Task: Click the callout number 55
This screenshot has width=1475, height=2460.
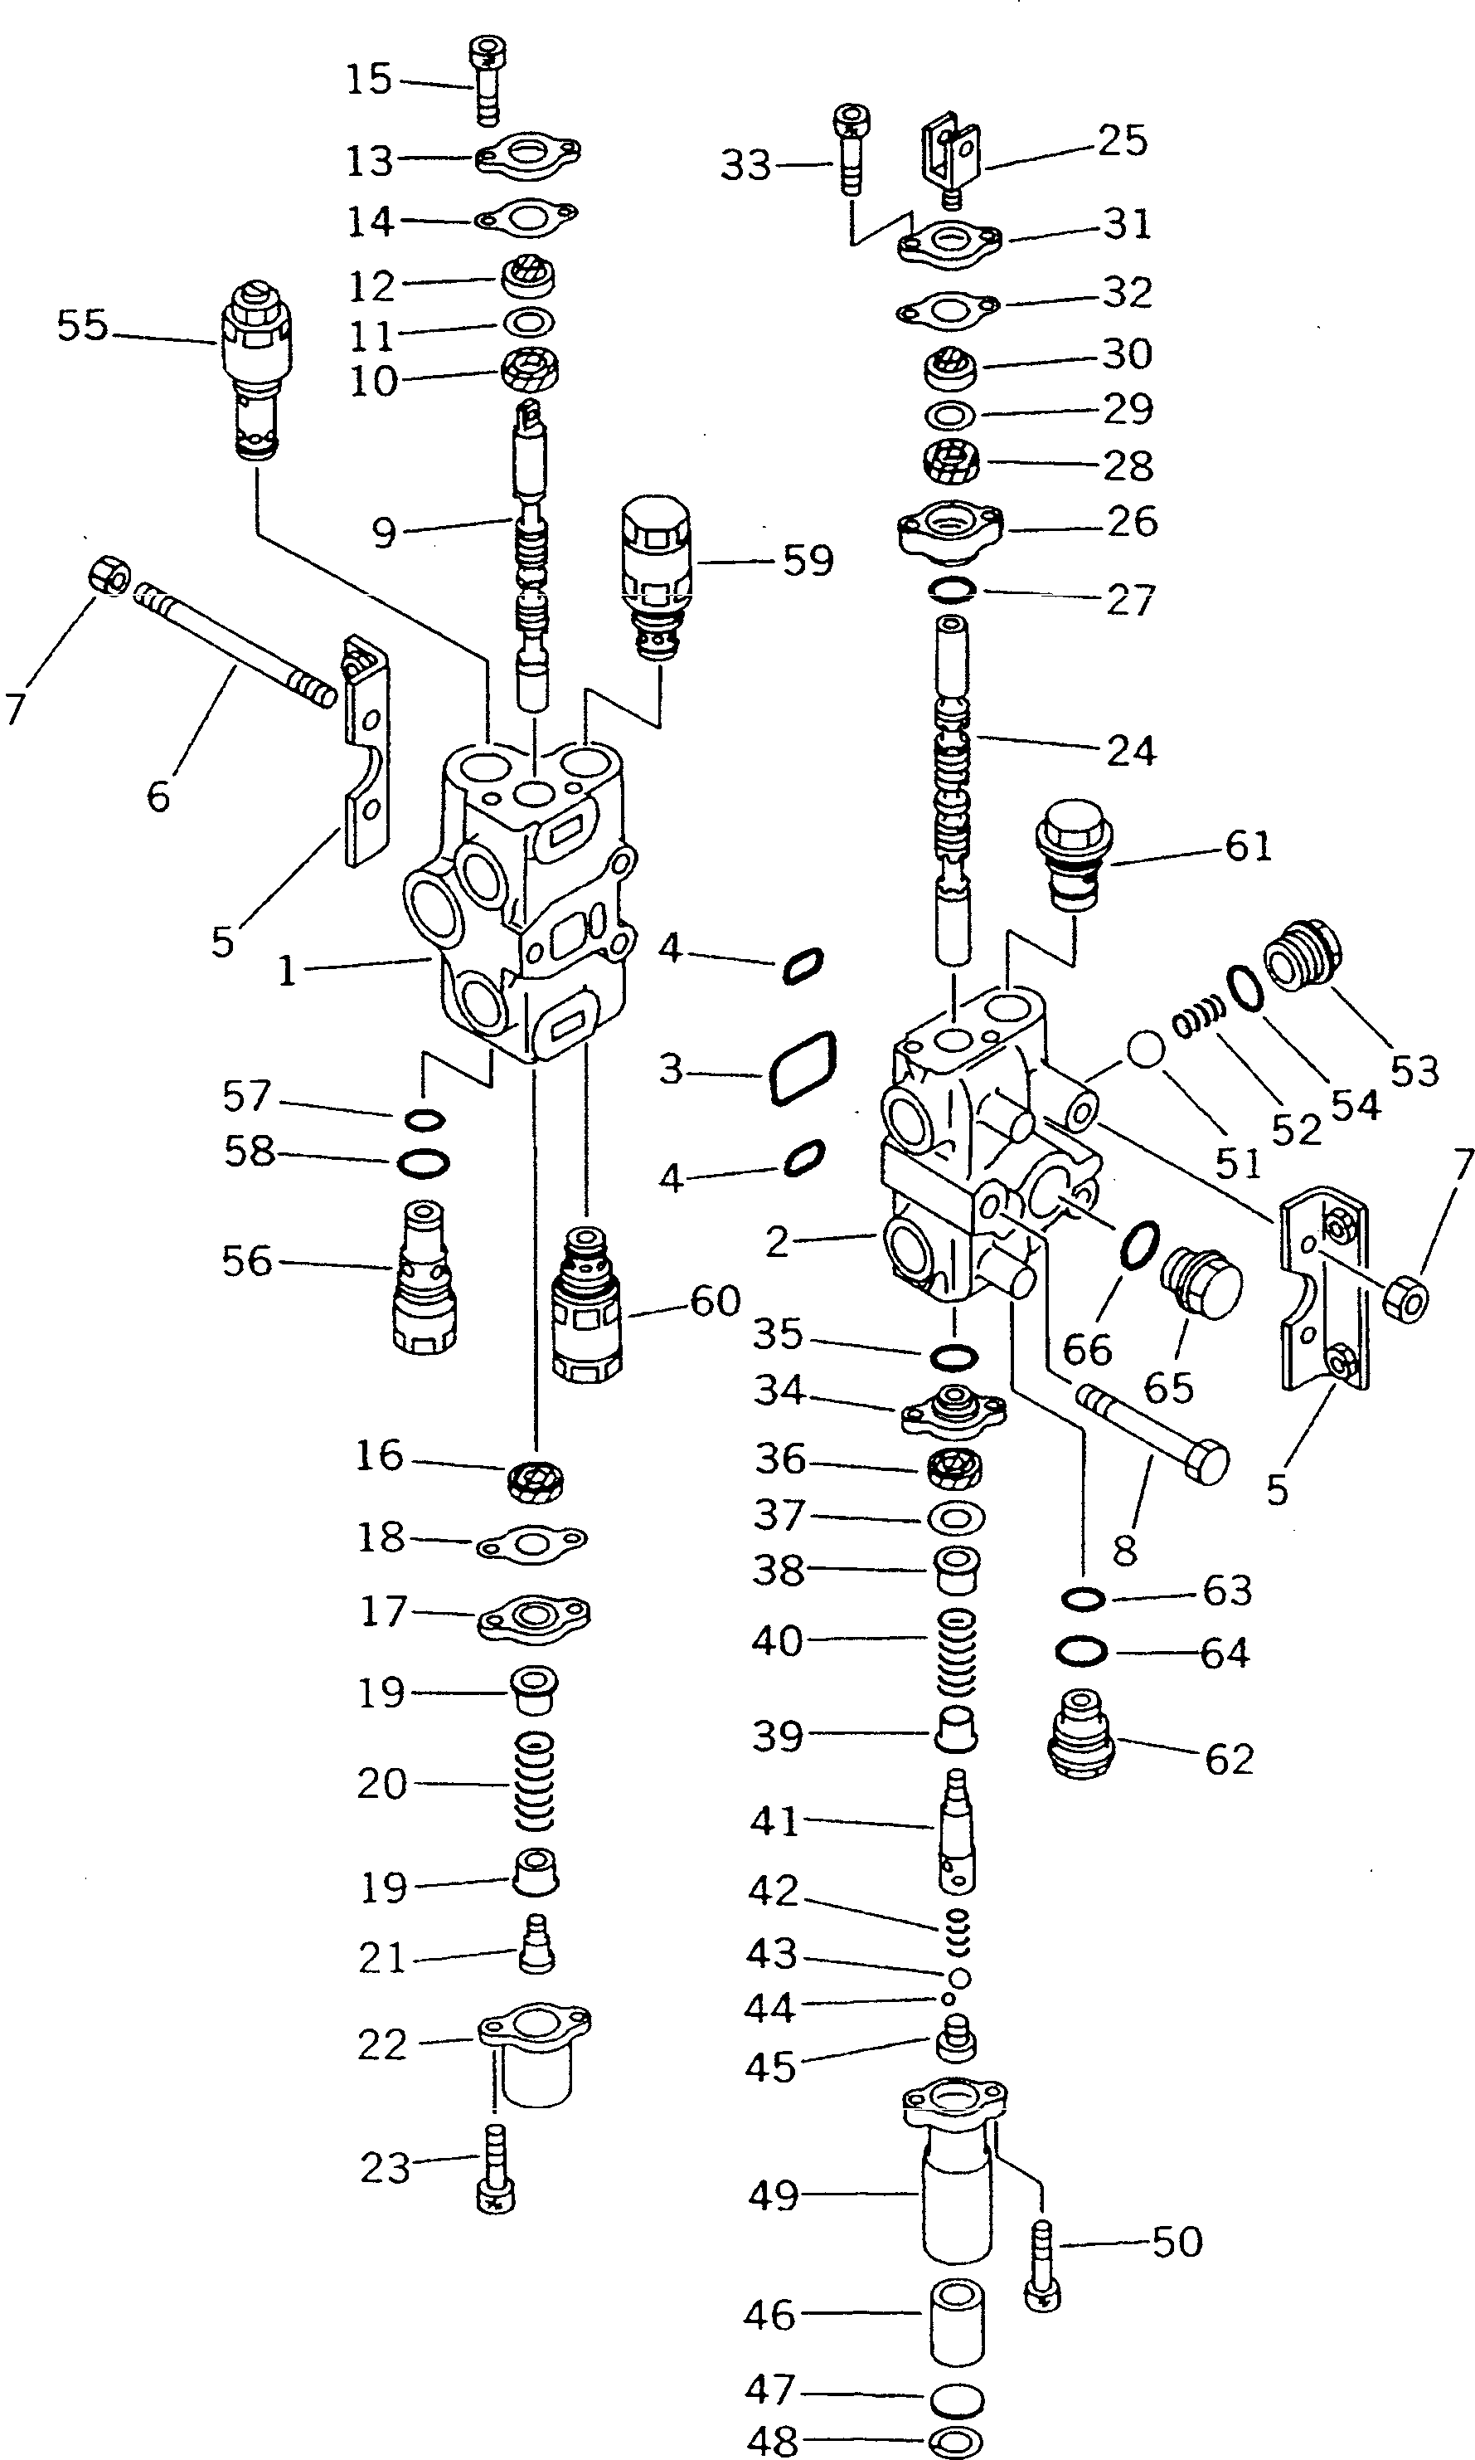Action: coord(81,325)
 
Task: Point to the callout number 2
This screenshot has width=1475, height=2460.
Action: coord(776,1241)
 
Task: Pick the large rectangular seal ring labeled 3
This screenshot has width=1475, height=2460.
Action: coord(801,1068)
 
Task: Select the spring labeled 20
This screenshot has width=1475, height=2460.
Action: coord(536,1782)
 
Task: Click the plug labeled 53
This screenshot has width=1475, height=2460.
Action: coord(1303,956)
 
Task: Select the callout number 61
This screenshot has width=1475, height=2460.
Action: coord(1249,846)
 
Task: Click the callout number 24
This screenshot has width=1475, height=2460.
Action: coord(1132,751)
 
